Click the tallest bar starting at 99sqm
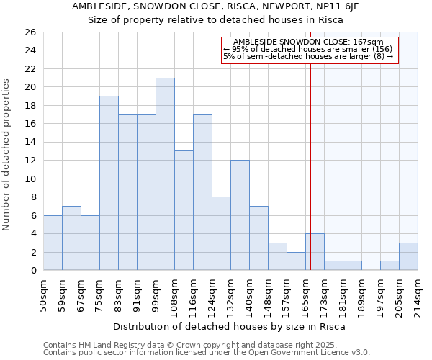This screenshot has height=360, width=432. tap(165, 174)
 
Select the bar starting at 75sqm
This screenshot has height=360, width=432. tap(109, 183)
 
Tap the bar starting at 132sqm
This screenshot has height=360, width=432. tap(240, 215)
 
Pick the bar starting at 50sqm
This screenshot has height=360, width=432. tap(53, 243)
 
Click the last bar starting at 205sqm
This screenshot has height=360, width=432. tap(408, 256)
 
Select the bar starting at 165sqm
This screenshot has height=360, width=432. tap(315, 252)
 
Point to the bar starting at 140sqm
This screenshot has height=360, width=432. tap(258, 238)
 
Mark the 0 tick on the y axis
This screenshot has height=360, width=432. tap(33, 271)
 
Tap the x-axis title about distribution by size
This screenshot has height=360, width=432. tap(229, 327)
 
